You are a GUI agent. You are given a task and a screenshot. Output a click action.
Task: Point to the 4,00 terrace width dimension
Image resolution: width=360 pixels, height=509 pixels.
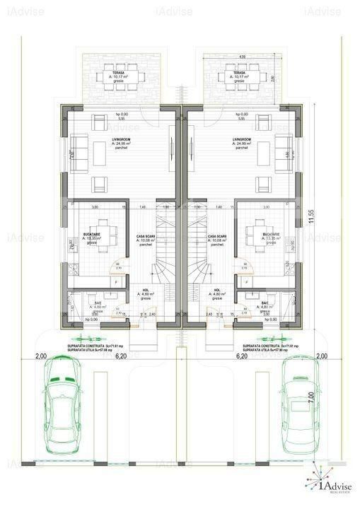click(x=242, y=57)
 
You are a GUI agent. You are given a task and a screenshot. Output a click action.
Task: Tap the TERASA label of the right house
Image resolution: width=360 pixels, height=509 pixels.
click(x=239, y=72)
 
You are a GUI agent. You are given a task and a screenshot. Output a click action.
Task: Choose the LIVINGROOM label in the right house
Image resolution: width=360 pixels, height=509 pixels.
click(x=241, y=140)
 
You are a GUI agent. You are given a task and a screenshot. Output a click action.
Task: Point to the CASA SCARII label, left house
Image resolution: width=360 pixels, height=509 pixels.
click(x=146, y=236)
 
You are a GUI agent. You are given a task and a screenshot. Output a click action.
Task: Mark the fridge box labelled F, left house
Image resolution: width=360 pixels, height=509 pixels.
click(x=116, y=281)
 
